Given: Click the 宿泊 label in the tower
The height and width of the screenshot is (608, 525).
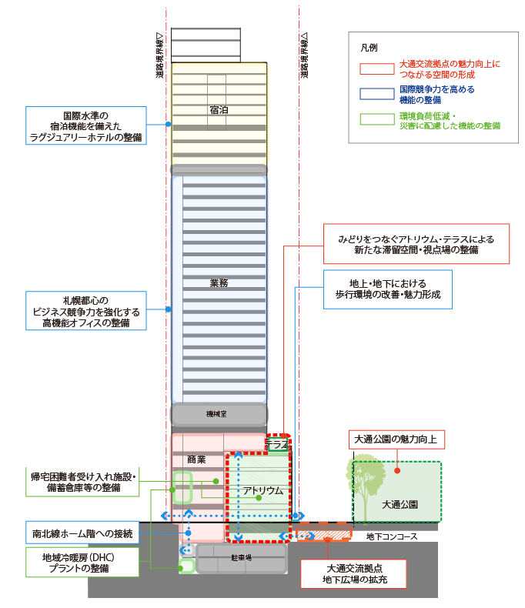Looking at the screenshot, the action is click(x=219, y=110).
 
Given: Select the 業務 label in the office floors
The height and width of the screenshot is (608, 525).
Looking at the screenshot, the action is click(x=219, y=283).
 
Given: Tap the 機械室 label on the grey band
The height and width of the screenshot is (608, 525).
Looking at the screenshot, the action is click(x=216, y=414).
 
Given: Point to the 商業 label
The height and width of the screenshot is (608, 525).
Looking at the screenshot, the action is click(x=196, y=459).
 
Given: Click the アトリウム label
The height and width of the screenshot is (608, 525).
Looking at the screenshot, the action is click(x=263, y=491).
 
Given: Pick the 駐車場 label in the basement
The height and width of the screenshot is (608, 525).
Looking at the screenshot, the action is click(x=241, y=558).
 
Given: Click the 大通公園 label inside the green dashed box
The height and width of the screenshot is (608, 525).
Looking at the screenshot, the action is click(x=400, y=504).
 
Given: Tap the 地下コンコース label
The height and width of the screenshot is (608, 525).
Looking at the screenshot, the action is click(x=392, y=536).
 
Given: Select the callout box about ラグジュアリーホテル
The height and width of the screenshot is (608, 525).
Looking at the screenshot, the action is click(x=86, y=125).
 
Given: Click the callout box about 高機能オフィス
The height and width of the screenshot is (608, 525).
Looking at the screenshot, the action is click(x=86, y=311).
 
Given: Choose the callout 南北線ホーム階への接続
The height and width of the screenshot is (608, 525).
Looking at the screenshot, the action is click(x=82, y=533).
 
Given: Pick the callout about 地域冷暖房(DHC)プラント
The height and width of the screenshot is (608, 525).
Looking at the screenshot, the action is click(x=82, y=563).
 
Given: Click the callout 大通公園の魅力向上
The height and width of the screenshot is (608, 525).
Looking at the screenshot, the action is click(x=396, y=439).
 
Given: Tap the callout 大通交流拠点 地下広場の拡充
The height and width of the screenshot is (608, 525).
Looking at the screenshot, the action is click(x=353, y=574).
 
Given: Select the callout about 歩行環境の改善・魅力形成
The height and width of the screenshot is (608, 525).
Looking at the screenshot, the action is click(x=388, y=289).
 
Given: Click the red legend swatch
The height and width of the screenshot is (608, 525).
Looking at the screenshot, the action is click(x=377, y=68).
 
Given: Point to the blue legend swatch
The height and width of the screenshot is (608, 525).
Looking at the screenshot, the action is click(x=377, y=94).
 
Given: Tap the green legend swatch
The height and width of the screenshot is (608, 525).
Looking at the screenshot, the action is click(x=377, y=119).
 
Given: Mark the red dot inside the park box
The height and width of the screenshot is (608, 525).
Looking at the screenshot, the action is click(x=397, y=471).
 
